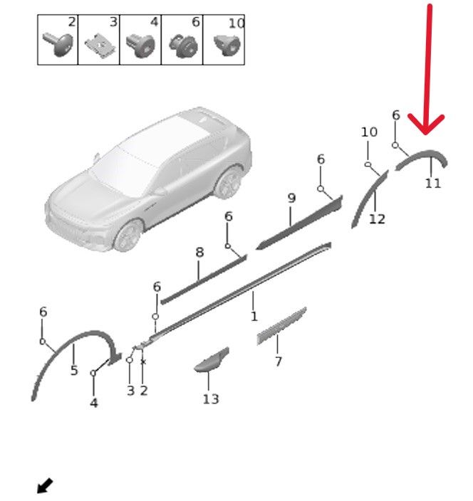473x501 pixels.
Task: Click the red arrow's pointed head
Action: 426,132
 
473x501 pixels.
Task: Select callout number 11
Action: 433,184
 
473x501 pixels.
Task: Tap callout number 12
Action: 377,219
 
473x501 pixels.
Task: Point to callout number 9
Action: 291,198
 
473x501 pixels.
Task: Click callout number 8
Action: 199,253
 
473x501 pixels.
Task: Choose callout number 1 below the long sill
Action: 254,316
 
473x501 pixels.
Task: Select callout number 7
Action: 279,362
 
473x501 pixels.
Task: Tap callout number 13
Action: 211,399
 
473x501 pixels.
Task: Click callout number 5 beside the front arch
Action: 74,370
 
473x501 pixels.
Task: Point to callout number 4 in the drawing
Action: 94,403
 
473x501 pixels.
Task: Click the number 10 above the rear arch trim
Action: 369,132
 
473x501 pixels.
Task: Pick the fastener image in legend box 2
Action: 58,44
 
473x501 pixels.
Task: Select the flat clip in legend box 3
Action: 100,47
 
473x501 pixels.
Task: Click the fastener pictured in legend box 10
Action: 227,45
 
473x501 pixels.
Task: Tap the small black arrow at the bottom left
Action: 45,485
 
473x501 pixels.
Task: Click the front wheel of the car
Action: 128,236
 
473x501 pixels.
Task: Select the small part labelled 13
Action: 212,360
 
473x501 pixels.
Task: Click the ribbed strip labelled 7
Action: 281,326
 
